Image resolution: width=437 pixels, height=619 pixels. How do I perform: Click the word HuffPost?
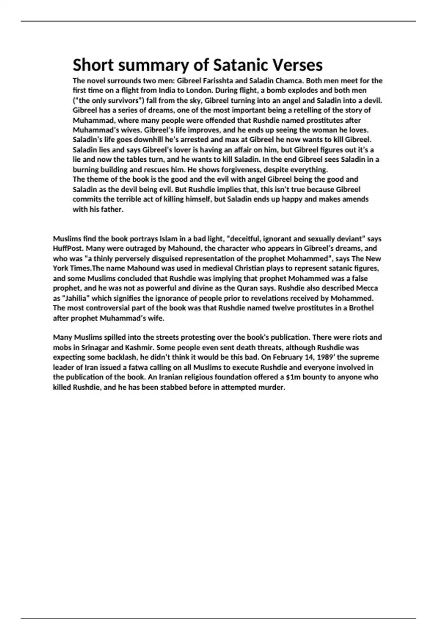tap(68, 249)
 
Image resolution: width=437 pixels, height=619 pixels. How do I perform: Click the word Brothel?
tap(361, 308)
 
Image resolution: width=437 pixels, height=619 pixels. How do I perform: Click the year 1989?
tap(323, 357)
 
